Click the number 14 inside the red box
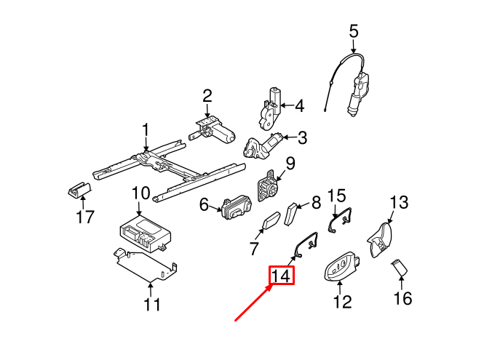(x=282, y=276)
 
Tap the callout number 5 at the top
(x=354, y=31)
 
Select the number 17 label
(x=84, y=217)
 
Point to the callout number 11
(x=151, y=304)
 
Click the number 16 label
(x=402, y=297)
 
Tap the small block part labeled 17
(x=77, y=190)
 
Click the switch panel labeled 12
(x=341, y=268)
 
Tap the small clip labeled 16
(x=400, y=268)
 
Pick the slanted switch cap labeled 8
(x=293, y=215)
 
